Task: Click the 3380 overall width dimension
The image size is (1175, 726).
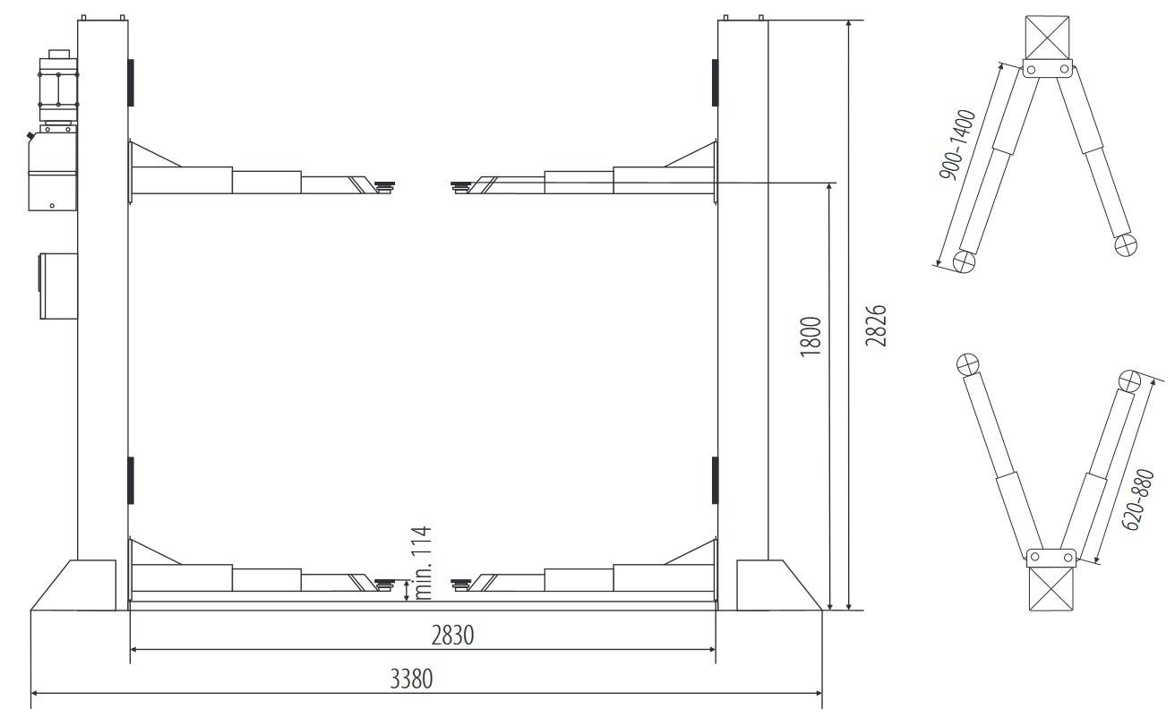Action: coord(411,679)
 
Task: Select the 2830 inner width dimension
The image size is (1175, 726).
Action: coord(452,636)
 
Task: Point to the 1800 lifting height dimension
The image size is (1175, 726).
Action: coord(810,337)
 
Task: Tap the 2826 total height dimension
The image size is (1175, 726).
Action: coord(876,326)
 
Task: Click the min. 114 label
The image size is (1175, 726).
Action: coord(422,562)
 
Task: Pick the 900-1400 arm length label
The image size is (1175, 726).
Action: coord(957,144)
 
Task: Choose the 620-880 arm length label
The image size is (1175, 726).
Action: coord(1138,500)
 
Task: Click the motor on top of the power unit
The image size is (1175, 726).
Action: coord(58,87)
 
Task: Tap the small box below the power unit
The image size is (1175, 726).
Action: coord(58,286)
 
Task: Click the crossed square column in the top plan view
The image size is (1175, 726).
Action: coord(1047,38)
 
